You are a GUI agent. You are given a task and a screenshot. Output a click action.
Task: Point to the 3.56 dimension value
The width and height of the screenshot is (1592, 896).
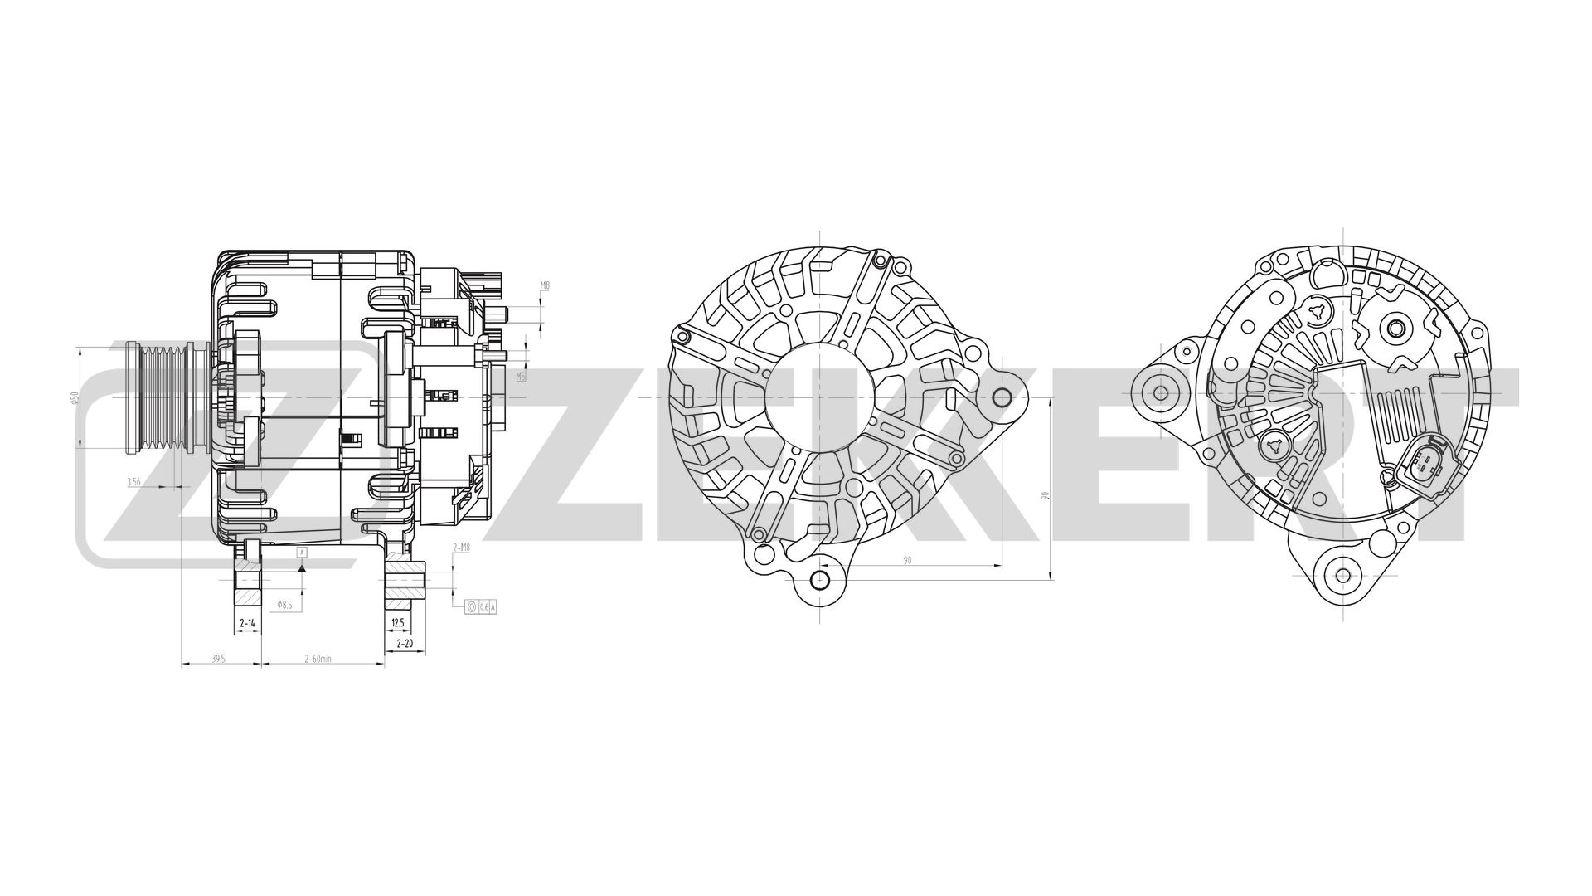coord(133,481)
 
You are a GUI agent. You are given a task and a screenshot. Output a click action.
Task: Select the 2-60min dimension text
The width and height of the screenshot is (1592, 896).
coord(318,659)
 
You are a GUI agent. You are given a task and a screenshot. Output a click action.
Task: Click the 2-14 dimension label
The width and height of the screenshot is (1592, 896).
coord(247,622)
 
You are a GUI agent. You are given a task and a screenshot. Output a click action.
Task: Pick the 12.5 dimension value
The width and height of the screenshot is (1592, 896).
coord(397,622)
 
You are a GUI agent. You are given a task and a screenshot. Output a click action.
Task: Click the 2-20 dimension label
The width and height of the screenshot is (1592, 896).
coord(405,643)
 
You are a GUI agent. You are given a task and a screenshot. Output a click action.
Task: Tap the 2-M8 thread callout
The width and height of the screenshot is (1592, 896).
coord(461,548)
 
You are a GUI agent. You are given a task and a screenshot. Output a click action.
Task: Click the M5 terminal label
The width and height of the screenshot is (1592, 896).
coord(521,376)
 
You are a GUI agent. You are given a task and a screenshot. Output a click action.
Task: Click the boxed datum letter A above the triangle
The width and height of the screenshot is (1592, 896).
coord(302,552)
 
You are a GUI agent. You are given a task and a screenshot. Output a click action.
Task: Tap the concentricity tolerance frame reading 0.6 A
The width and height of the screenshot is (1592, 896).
coord(482,607)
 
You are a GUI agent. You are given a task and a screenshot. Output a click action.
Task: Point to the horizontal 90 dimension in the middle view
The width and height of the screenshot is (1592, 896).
coord(907,561)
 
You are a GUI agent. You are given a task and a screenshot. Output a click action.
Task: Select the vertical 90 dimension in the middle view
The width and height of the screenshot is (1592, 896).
coord(1046,496)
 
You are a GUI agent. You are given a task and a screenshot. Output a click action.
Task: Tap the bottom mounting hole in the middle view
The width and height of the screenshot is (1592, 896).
coord(819,580)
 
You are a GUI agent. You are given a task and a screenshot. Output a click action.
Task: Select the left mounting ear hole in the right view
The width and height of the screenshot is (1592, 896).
coord(1160,392)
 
